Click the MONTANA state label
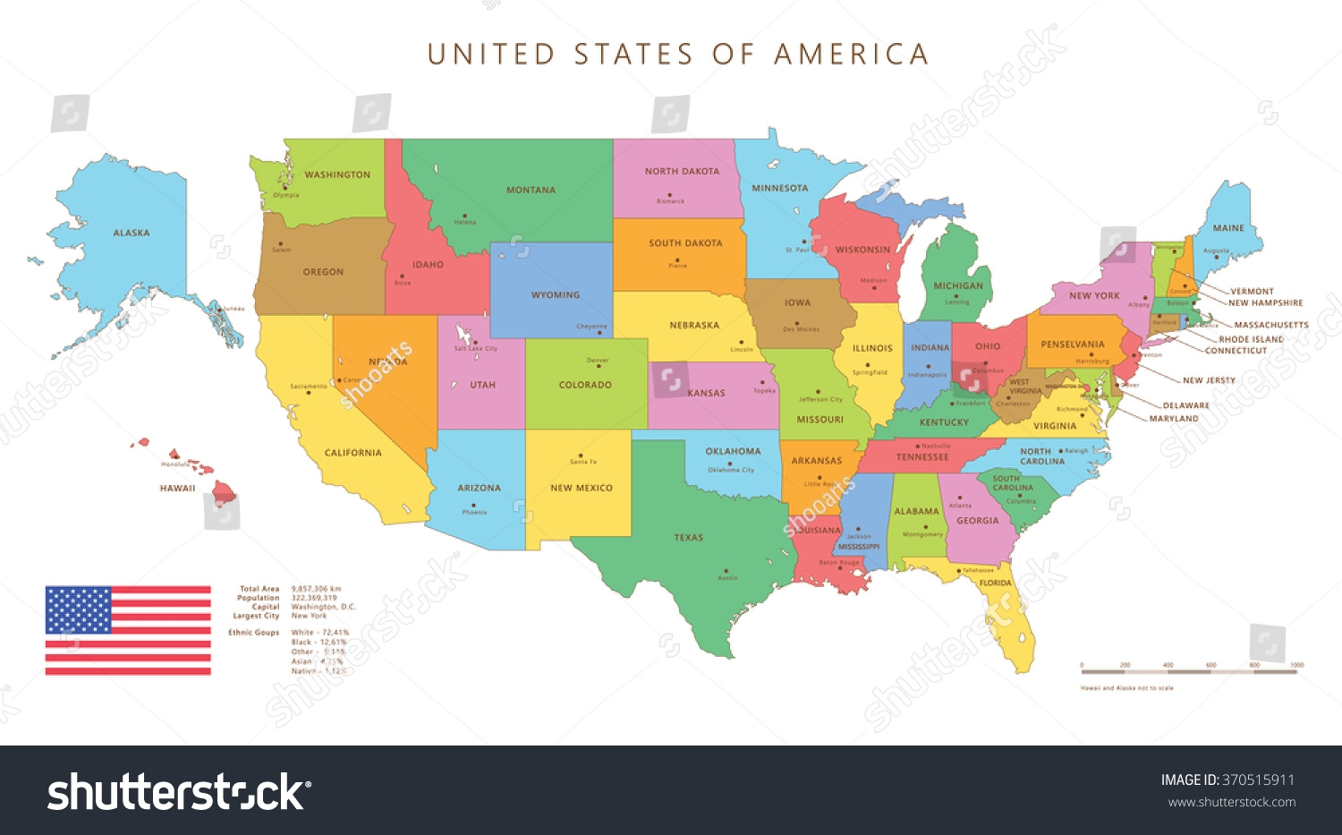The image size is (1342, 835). (531, 190)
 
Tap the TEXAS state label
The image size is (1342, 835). (688, 538)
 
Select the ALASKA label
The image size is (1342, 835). (132, 233)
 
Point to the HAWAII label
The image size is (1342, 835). (177, 488)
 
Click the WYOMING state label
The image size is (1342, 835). (556, 294)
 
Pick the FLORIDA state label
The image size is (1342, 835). (995, 583)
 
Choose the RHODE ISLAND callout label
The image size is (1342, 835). (1251, 339)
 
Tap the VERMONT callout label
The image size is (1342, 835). (1252, 291)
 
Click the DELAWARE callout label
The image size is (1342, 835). (1185, 405)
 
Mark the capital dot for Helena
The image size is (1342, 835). (463, 216)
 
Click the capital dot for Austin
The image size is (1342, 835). (726, 571)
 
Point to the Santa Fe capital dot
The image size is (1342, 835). (581, 456)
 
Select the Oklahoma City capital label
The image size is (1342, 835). (731, 470)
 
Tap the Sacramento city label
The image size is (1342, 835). (308, 387)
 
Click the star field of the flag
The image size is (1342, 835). (78, 609)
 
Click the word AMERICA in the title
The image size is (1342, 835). (851, 55)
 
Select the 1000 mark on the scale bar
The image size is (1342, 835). (1296, 665)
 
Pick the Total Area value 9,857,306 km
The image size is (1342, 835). (316, 589)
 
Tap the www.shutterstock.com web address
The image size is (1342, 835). (1232, 802)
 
